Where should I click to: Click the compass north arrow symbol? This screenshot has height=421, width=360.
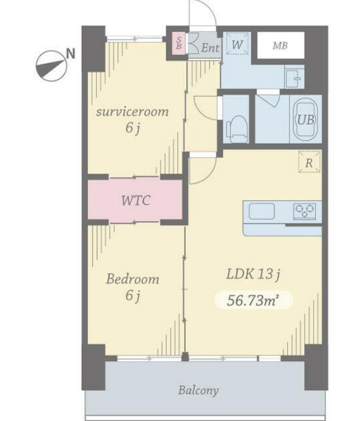click(x=51, y=66)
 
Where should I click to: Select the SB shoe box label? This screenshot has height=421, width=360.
click(x=179, y=43)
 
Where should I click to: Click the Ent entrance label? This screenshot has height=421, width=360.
click(x=210, y=48)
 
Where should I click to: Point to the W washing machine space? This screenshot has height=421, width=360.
click(x=237, y=44)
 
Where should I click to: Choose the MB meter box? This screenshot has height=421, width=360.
click(x=281, y=45)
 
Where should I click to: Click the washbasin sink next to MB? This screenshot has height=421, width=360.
click(x=294, y=78)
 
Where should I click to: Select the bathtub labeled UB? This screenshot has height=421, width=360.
click(x=306, y=119)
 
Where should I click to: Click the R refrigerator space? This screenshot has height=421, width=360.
click(x=309, y=161)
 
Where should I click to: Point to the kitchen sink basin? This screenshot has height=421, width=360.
click(x=262, y=211)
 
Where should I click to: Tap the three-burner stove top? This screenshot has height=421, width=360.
click(x=304, y=211)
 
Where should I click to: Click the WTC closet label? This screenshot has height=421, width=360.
click(x=135, y=200)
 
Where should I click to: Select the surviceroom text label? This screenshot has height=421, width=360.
click(x=132, y=111)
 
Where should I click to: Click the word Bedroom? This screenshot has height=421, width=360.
click(x=132, y=279)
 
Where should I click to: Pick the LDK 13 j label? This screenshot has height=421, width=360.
click(x=254, y=275)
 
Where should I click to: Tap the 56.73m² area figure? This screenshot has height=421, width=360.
click(x=251, y=300)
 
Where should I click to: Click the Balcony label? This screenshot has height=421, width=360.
click(x=199, y=390)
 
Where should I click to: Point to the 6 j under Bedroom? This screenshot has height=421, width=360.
click(x=132, y=296)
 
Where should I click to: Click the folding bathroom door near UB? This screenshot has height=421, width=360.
click(x=268, y=98)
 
